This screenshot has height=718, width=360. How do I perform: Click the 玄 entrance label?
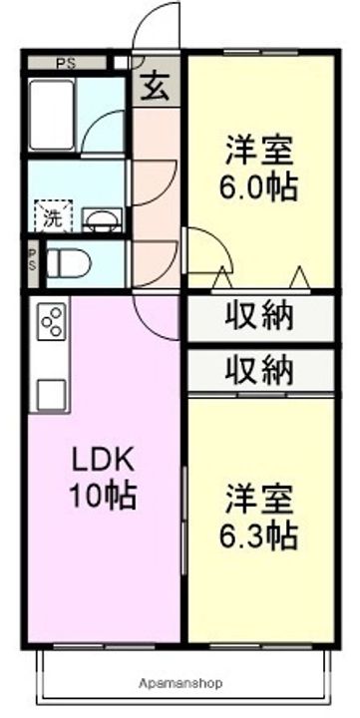pyautogui.click(x=155, y=89)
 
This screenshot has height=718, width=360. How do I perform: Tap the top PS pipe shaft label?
pyautogui.click(x=66, y=62)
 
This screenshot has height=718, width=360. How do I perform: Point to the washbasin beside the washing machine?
pyautogui.click(x=102, y=218)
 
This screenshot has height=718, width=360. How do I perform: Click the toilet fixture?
pyautogui.click(x=69, y=263)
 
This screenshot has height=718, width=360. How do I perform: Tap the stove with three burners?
pyautogui.click(x=52, y=322)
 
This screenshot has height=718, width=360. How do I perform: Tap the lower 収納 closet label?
pyautogui.click(x=258, y=371)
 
